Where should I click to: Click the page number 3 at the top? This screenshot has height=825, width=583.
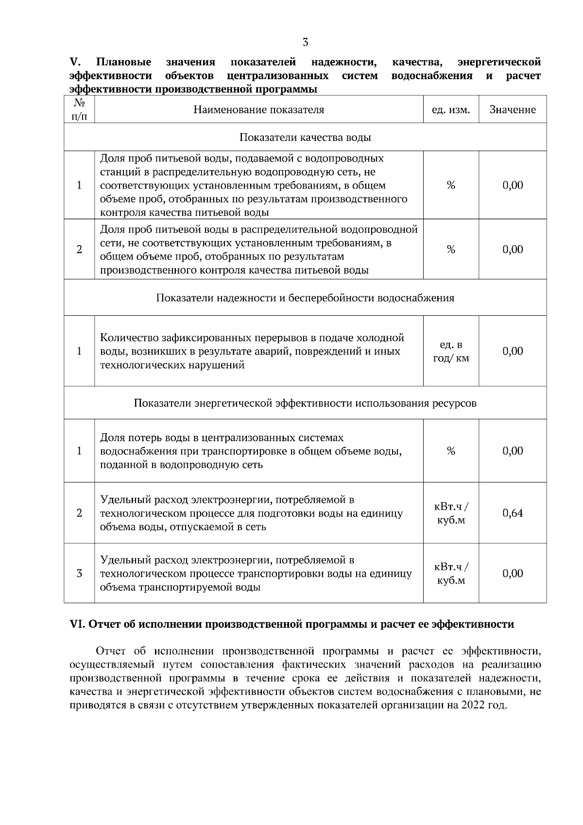305,42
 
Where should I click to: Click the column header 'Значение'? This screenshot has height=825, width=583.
513,110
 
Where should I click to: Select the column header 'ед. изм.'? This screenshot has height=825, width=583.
451,110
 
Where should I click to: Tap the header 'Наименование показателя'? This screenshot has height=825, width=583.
258,110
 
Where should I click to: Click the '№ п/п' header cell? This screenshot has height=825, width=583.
79,110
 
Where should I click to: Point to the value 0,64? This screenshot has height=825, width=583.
513,513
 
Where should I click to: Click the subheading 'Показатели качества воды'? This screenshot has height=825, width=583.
305,137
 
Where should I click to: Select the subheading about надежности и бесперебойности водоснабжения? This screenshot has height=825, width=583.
305,298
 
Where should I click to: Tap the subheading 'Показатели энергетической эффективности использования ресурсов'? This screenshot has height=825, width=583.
305,403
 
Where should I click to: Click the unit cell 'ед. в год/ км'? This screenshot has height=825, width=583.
451,351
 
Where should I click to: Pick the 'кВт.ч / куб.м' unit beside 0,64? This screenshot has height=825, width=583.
451,513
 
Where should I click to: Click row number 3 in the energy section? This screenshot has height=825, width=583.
79,573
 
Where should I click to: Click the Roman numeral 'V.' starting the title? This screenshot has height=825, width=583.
75,62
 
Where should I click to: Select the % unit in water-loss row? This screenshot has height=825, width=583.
451,451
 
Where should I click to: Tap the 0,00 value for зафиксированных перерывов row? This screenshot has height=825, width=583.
513,351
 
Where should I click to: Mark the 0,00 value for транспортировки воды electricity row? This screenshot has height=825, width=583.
513,573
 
